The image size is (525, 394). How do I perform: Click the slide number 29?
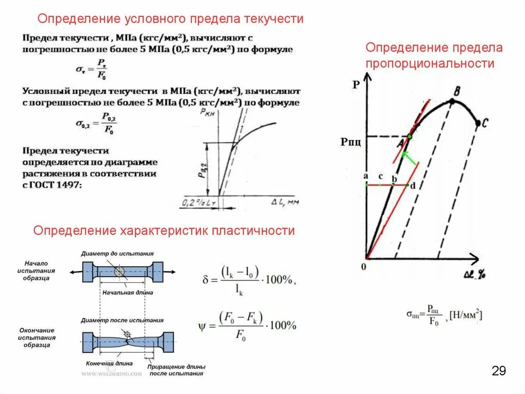click(498, 371)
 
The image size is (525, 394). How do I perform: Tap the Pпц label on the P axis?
click(351, 141)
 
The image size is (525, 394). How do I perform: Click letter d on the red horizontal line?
click(412, 185)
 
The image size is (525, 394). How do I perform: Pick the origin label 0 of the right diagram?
click(364, 267)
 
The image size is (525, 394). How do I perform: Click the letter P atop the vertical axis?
click(356, 85)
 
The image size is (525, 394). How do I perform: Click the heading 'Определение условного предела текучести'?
click(171, 19)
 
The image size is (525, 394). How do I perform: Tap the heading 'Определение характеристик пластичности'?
click(164, 231)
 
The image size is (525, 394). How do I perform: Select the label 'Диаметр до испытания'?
click(117, 254)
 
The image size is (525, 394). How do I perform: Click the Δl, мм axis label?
click(285, 202)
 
